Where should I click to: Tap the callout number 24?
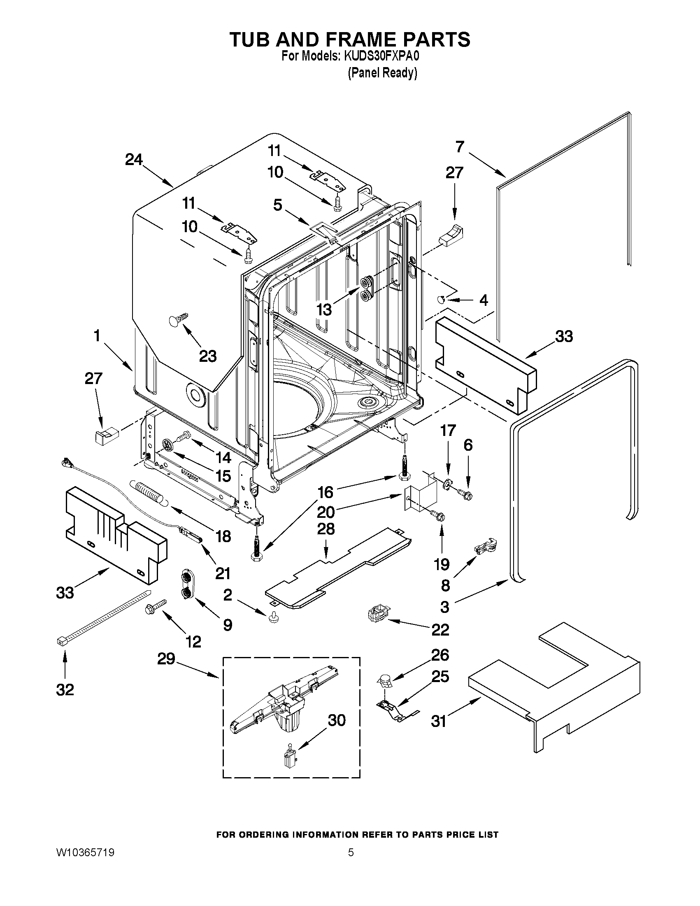pyautogui.click(x=134, y=160)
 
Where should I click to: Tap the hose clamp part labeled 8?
pyautogui.click(x=486, y=547)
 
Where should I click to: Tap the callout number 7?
pyautogui.click(x=460, y=147)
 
